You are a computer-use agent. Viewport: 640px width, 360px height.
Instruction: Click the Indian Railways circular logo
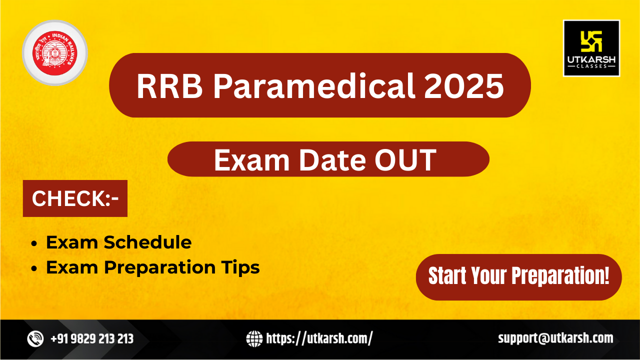[x=54, y=52]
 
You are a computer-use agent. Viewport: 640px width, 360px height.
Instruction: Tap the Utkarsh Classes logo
[x=591, y=48]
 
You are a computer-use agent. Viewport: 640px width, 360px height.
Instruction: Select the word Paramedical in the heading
[x=314, y=86]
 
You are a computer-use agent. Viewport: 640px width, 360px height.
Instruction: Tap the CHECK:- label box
[x=75, y=198]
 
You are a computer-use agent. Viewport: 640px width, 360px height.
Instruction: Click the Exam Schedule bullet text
[x=118, y=242]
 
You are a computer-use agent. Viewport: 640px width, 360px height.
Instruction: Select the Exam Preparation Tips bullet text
[x=152, y=268]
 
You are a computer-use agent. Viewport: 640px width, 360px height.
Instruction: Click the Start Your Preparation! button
[x=518, y=276]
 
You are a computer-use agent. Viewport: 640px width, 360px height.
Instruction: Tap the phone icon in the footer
[x=35, y=339]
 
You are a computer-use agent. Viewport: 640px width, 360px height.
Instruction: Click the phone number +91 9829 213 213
[x=92, y=339]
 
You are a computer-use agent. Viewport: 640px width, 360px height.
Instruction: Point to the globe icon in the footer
[x=254, y=339]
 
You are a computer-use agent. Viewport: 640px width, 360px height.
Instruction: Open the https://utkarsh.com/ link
[x=319, y=339]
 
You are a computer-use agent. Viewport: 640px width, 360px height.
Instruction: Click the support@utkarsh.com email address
[x=555, y=338]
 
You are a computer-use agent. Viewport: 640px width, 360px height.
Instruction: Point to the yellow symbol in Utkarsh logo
[x=591, y=41]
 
